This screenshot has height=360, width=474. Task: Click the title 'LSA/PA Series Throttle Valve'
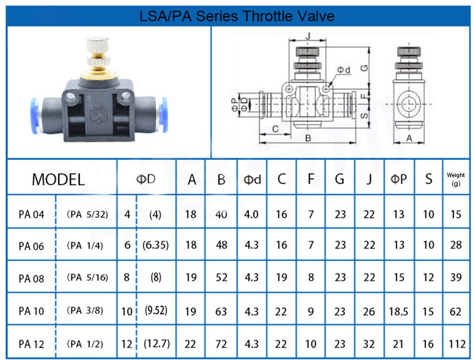click(236, 16)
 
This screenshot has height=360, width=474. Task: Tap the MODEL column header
click(58, 179)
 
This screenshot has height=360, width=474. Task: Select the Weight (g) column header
click(455, 179)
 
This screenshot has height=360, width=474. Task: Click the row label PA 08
click(31, 278)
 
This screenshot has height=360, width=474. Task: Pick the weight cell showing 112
click(457, 344)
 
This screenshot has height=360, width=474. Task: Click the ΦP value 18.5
click(398, 311)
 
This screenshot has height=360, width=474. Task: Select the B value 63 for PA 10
click(221, 311)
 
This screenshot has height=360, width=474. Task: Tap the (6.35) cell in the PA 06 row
click(155, 245)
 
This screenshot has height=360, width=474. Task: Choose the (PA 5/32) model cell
click(87, 214)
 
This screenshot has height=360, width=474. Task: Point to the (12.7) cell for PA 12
click(157, 344)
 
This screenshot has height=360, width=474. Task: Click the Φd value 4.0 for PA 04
click(251, 214)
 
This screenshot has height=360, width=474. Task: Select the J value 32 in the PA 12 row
click(368, 344)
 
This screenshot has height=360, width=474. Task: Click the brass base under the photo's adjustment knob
click(98, 74)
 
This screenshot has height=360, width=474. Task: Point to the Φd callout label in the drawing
click(344, 70)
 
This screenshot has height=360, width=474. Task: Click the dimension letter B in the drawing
click(308, 138)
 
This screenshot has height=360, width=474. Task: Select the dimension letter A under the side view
click(409, 138)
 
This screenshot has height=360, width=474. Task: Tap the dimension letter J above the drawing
click(308, 36)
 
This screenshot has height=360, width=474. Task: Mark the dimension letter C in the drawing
click(275, 129)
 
